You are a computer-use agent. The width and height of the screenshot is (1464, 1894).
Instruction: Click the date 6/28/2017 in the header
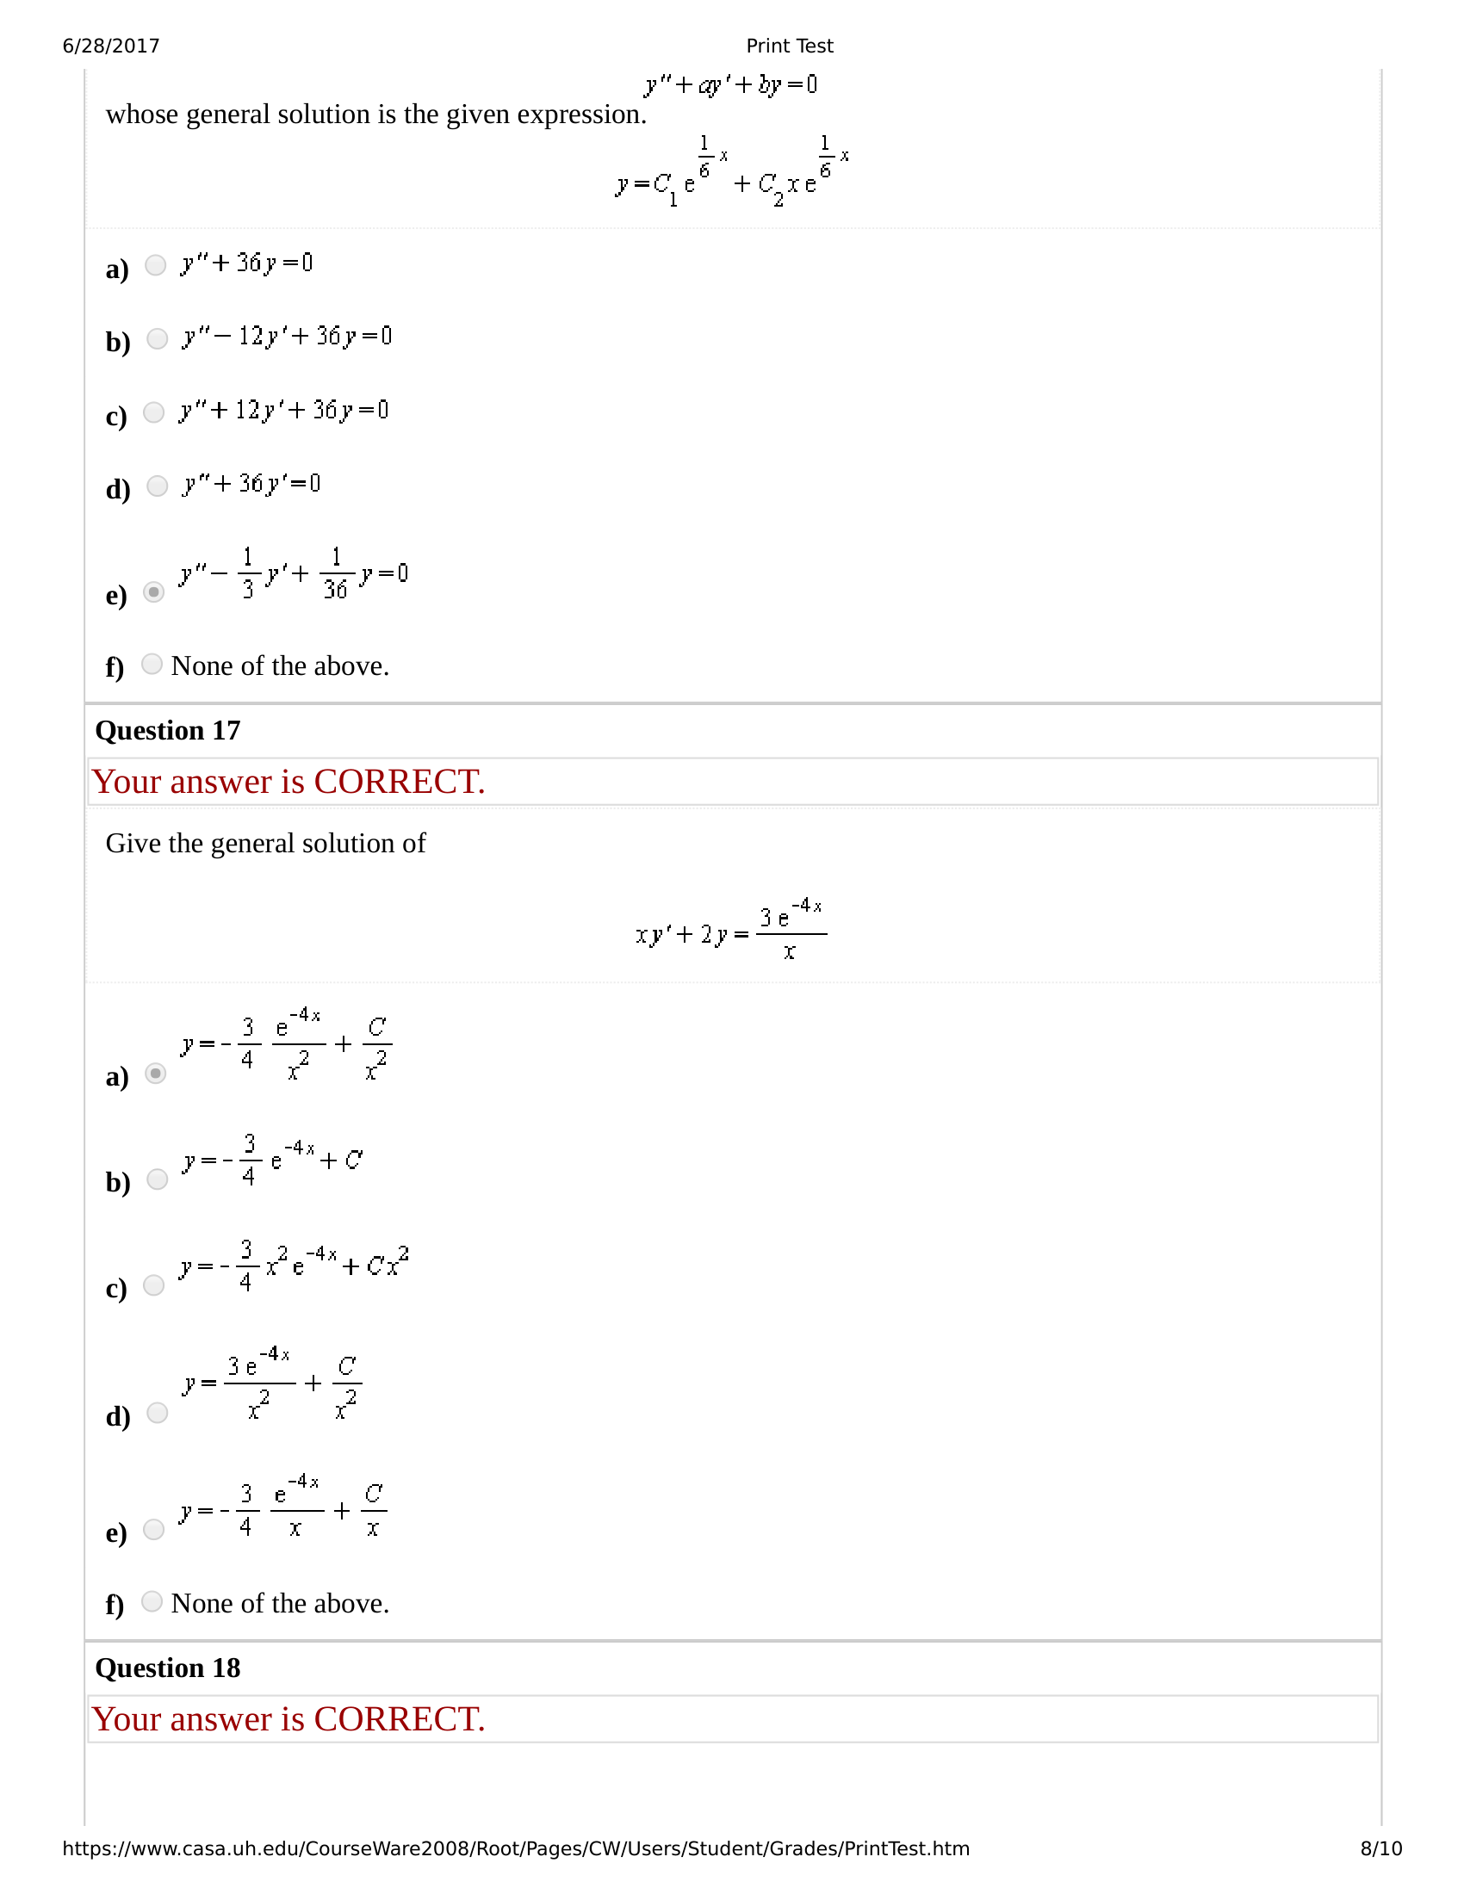[x=111, y=46]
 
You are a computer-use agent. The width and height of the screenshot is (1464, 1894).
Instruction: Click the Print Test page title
[x=789, y=46]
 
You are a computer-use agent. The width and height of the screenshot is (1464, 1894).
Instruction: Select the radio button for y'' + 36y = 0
[x=155, y=264]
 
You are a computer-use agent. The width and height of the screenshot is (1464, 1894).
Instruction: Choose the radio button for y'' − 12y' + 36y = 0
[x=157, y=338]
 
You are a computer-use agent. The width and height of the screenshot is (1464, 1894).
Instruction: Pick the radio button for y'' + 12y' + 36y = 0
[x=153, y=412]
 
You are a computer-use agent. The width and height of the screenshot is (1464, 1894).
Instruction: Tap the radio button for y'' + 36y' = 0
[x=157, y=486]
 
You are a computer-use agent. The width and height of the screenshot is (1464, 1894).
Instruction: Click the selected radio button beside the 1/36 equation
[x=153, y=592]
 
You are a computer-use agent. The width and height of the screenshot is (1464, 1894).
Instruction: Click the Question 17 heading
[x=167, y=730]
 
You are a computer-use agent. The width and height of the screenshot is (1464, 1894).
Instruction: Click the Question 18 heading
[x=167, y=1668]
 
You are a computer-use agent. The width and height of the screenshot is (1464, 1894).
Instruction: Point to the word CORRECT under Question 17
[x=399, y=783]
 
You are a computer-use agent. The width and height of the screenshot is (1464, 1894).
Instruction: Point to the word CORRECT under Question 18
[x=399, y=1720]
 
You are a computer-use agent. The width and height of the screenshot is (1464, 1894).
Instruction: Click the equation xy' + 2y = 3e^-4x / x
[x=730, y=931]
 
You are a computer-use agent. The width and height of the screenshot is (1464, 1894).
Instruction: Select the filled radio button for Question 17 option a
[x=155, y=1074]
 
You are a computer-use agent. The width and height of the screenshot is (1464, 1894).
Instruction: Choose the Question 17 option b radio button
[x=157, y=1179]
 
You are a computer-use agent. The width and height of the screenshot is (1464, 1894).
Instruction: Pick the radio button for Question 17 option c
[x=153, y=1285]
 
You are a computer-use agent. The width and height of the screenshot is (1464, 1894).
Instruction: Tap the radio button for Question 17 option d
[x=157, y=1413]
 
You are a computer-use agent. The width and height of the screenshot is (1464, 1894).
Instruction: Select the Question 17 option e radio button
[x=153, y=1529]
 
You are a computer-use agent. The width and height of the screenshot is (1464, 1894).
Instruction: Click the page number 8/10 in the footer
[x=1380, y=1848]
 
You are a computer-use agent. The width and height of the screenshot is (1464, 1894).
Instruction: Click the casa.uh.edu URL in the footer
[x=516, y=1848]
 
